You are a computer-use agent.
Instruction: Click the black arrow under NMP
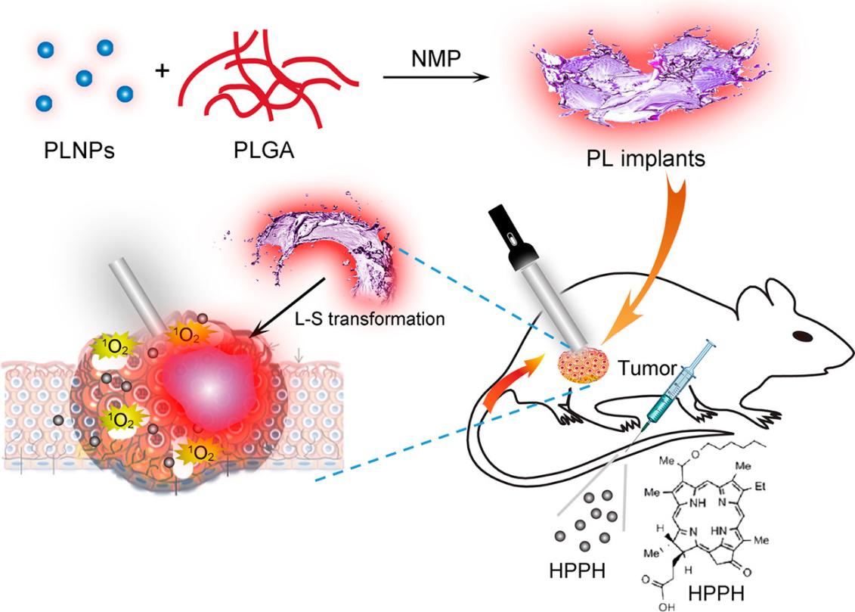coord(431,78)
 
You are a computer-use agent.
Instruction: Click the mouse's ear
coord(757,303)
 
